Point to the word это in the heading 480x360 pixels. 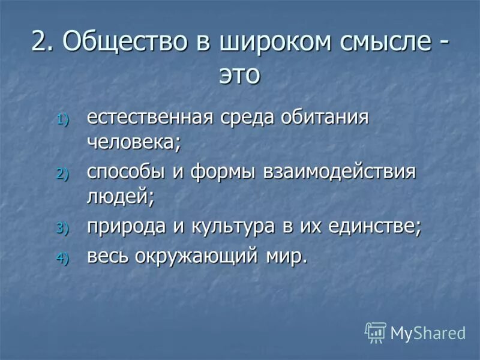pos(239,75)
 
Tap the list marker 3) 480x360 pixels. pos(64,228)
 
